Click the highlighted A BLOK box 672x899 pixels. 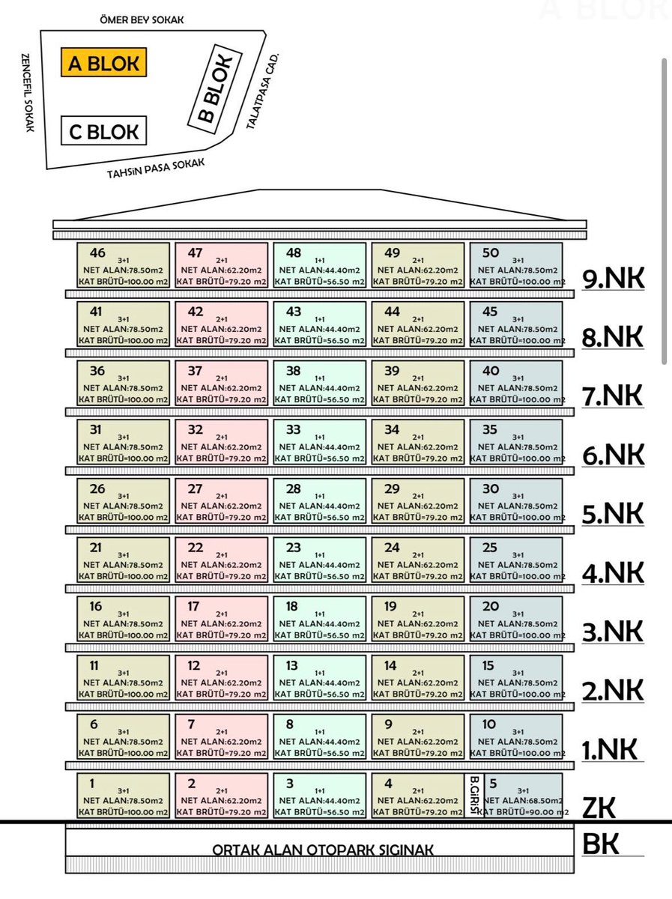point(103,62)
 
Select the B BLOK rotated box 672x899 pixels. point(215,88)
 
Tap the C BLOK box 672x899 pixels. point(103,130)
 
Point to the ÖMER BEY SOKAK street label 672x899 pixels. point(142,19)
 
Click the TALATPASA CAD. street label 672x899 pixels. point(262,91)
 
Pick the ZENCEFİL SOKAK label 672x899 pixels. point(27,93)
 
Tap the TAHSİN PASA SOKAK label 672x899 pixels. point(156,169)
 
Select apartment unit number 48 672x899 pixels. point(319,265)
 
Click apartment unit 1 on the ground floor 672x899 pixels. point(123,796)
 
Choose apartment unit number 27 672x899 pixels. point(221,501)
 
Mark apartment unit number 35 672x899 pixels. point(516,442)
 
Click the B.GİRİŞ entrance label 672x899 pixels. point(474,796)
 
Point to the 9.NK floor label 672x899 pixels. point(613,279)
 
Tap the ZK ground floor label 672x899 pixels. point(599,808)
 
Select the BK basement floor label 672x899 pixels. point(600,844)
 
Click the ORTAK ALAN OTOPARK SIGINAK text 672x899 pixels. point(323,850)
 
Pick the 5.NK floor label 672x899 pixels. point(613,514)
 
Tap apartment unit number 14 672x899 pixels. point(418,678)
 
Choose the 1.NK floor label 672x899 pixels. point(610,749)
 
